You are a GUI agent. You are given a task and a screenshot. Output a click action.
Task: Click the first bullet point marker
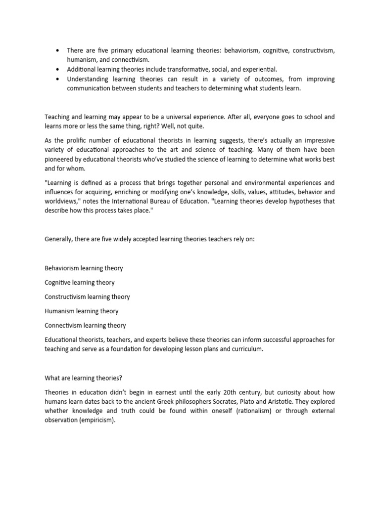[x=58, y=51]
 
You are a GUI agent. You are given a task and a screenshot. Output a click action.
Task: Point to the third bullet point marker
[x=58, y=79]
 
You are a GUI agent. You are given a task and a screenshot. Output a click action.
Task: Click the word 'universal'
[x=200, y=117]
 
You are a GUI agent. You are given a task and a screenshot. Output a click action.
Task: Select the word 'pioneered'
[x=60, y=160]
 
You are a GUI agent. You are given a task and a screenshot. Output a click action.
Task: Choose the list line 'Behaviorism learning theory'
[x=84, y=268]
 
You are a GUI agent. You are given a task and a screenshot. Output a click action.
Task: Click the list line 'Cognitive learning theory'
[x=80, y=283]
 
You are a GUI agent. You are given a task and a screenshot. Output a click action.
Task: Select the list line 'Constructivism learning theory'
[x=87, y=297]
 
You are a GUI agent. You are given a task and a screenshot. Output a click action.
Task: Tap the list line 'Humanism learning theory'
[x=82, y=311]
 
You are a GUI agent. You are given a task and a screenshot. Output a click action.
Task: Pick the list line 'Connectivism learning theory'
[x=85, y=326]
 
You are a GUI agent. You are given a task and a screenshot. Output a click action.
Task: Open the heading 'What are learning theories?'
[x=83, y=378]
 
